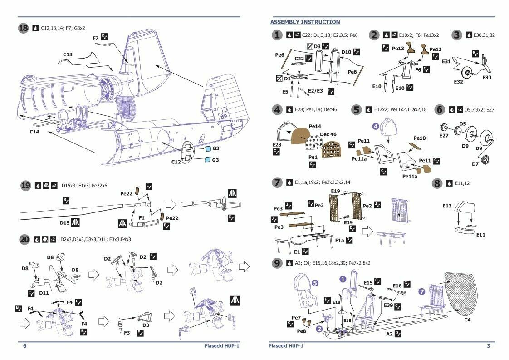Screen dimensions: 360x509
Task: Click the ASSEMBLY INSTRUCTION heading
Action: [x=305, y=22]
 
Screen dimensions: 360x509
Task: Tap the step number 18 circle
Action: [x=23, y=28]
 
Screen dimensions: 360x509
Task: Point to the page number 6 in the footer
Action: [x=25, y=346]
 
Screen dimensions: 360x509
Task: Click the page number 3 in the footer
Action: [x=488, y=346]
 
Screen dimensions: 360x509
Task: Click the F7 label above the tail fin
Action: [x=95, y=39]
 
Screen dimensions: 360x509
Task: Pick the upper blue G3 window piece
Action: [x=208, y=149]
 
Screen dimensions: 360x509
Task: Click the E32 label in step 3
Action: [x=460, y=82]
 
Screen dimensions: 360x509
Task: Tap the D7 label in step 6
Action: [x=475, y=163]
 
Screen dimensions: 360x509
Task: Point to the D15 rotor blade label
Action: [x=65, y=223]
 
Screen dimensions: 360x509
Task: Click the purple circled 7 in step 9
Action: [x=422, y=291]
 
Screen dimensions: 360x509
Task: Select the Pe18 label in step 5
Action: [x=420, y=138]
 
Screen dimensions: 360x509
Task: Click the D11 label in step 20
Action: [x=44, y=293]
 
